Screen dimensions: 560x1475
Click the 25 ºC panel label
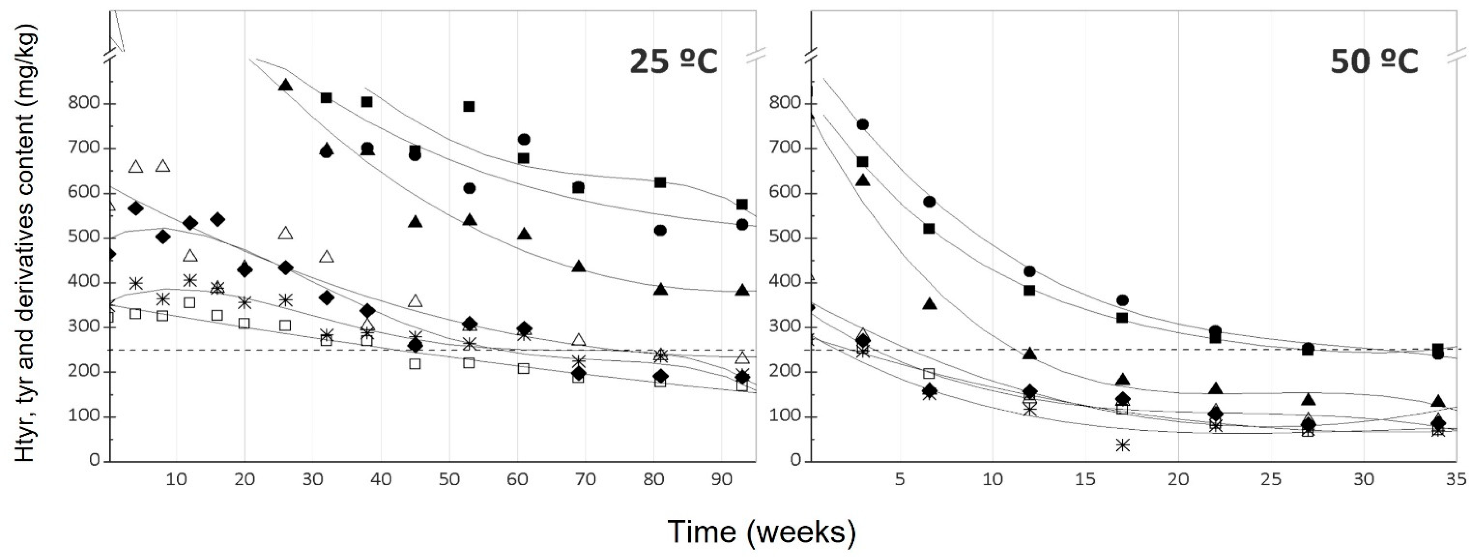coord(673,62)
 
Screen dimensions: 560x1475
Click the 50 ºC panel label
coord(1373,62)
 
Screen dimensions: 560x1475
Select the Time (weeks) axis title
coord(761,531)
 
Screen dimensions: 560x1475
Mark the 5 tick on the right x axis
coord(899,479)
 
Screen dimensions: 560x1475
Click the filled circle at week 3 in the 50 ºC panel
coord(862,124)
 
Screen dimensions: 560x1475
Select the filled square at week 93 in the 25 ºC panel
coord(742,204)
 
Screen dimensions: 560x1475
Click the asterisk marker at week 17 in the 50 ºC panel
coord(1122,445)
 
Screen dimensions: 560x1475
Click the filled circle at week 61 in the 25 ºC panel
coord(523,139)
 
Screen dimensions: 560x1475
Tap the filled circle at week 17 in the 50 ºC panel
coord(1122,300)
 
